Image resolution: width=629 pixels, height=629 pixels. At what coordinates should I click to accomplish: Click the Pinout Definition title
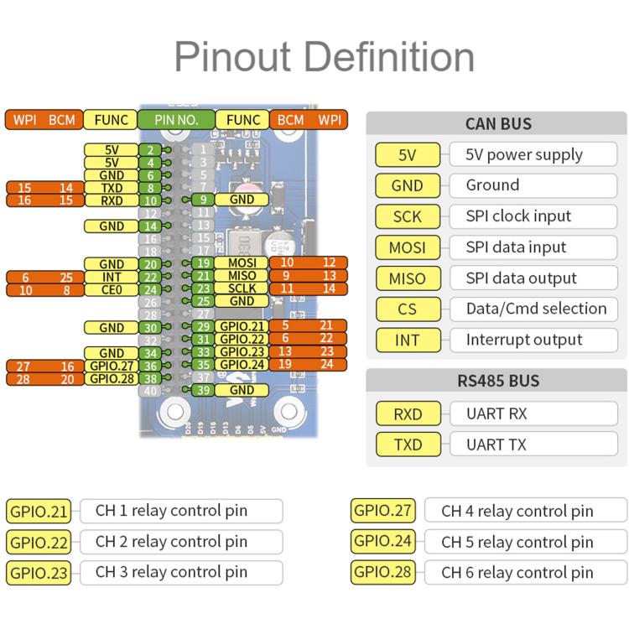click(325, 56)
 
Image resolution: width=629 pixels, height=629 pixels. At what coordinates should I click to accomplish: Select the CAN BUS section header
click(498, 123)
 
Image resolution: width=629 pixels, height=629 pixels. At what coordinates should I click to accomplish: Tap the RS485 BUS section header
click(498, 380)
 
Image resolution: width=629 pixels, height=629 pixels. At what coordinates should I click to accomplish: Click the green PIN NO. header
click(176, 120)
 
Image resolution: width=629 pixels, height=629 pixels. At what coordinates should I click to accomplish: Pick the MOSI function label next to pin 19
click(242, 263)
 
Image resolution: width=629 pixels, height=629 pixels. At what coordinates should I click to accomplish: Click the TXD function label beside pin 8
click(112, 188)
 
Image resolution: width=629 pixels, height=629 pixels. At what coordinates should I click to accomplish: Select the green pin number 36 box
click(150, 366)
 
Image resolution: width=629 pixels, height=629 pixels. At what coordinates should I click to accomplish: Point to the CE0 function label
click(112, 289)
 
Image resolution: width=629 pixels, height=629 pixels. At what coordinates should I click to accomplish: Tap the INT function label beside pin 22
click(112, 277)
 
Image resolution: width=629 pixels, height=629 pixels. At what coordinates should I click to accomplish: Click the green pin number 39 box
click(203, 390)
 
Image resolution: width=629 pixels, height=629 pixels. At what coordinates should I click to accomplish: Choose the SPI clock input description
click(518, 216)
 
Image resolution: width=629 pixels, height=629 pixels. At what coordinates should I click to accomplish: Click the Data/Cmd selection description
click(537, 309)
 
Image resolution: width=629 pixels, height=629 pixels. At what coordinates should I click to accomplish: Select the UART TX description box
click(533, 444)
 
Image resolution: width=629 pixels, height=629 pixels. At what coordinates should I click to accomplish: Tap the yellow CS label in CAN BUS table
click(408, 309)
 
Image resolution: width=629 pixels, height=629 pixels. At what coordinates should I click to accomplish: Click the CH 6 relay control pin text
click(517, 573)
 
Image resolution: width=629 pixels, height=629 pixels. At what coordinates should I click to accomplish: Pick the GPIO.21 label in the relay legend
click(39, 512)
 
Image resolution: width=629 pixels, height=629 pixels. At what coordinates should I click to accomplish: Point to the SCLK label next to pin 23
click(242, 289)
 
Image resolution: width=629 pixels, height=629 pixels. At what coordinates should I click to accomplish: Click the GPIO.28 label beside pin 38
click(112, 379)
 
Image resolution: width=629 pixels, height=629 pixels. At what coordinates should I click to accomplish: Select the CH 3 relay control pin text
click(171, 572)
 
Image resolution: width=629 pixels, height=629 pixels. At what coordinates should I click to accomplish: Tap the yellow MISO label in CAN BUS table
click(408, 278)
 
